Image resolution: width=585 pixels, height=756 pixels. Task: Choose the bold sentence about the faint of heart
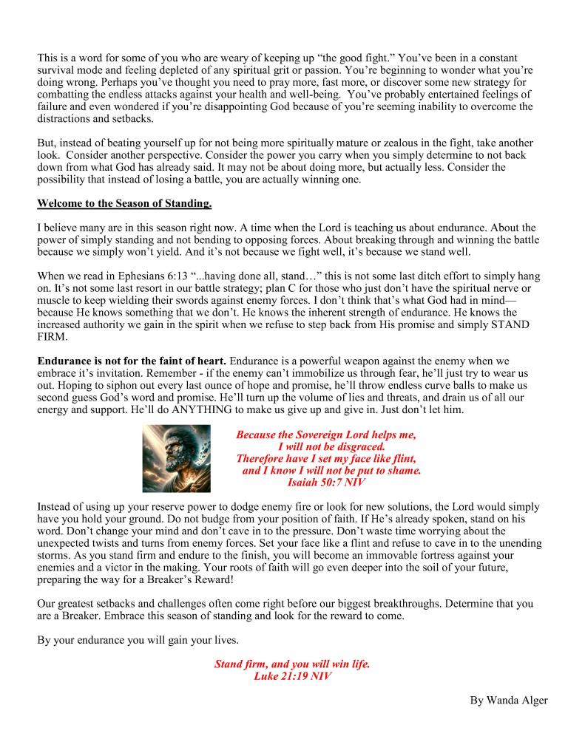point(132,361)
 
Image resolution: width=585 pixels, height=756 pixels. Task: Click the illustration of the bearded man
point(176,458)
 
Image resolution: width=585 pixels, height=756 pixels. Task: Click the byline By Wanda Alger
point(508,700)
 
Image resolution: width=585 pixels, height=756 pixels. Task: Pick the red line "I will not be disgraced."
point(331,446)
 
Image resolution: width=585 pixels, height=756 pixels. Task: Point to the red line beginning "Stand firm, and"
point(291,664)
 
